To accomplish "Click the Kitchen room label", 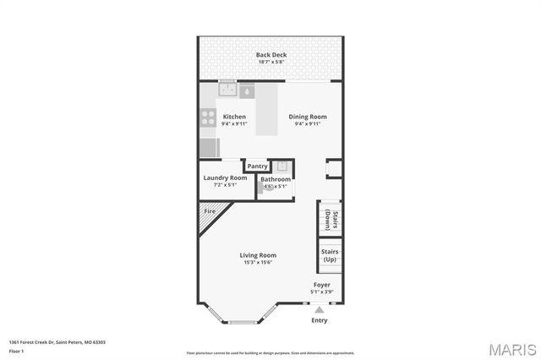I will tap(234, 117).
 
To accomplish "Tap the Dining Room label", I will tap(308, 117).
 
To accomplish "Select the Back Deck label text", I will tap(271, 55).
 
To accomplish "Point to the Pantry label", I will tap(257, 166).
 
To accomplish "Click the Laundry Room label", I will tap(225, 177).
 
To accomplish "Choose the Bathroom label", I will tap(276, 179).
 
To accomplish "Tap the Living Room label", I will tap(258, 255).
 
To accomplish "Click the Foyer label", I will tap(322, 285).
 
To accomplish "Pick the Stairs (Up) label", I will tap(330, 254).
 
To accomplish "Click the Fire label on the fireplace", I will tap(209, 211).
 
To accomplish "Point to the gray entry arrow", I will tap(320, 310).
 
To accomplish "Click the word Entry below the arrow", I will tap(320, 320).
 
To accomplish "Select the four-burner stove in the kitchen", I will tap(207, 117).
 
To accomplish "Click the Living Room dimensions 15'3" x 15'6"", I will tap(258, 263).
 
